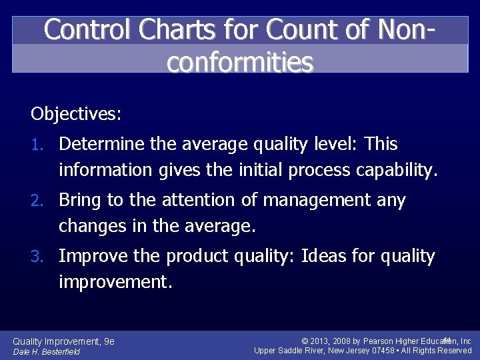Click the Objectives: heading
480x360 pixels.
coord(76,114)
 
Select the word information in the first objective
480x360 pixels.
coord(105,171)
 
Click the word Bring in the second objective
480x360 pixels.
coord(79,200)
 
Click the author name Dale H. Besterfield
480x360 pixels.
coord(47,352)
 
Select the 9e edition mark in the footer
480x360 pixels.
coord(109,341)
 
